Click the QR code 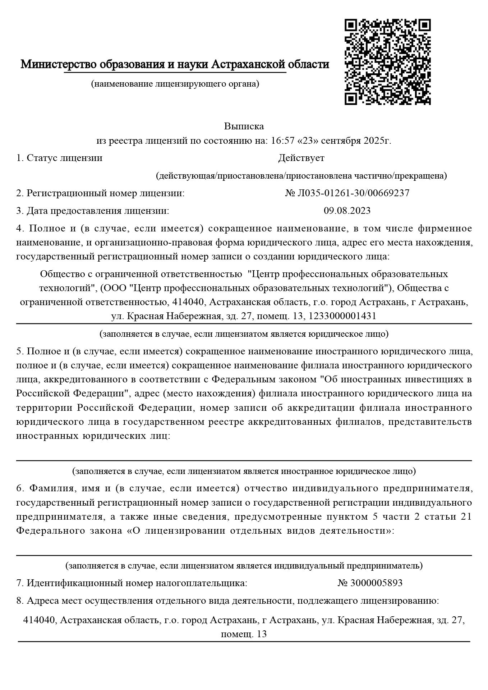click(x=387, y=62)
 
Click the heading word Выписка click(x=244, y=126)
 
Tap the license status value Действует click(x=301, y=158)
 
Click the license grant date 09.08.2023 click(x=347, y=211)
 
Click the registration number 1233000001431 click(x=342, y=316)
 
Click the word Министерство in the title click(x=59, y=64)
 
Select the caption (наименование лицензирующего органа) click(x=175, y=84)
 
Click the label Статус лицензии click(x=64, y=158)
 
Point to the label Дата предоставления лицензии click(x=97, y=211)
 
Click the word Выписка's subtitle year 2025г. click(x=377, y=141)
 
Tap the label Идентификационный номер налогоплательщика click(x=137, y=583)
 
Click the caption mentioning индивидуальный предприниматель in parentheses click(x=244, y=566)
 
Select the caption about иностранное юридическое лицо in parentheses click(x=244, y=471)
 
